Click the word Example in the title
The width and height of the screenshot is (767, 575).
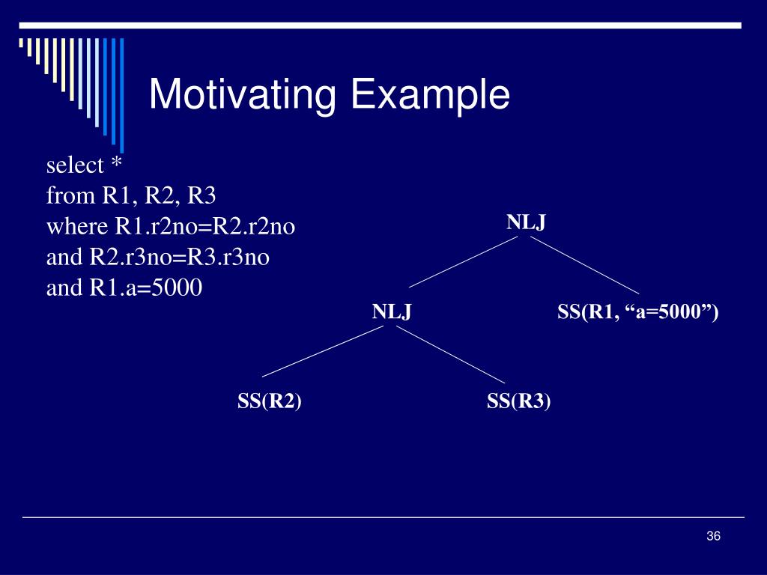[x=430, y=96]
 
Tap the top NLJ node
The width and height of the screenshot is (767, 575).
[x=526, y=222]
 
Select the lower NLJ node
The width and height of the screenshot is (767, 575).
[x=392, y=311]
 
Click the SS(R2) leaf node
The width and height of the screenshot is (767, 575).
[x=270, y=402]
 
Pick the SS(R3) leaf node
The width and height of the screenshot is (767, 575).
[x=518, y=402]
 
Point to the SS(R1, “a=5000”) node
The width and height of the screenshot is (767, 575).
[x=637, y=311]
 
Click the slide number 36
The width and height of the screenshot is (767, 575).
[x=712, y=536]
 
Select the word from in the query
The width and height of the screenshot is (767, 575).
[x=63, y=197]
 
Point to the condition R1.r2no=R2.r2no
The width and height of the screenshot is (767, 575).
[x=204, y=227]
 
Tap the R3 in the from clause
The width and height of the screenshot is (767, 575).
[x=202, y=197]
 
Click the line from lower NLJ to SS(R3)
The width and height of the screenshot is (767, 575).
[x=451, y=355]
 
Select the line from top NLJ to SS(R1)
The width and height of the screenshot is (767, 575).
[x=584, y=265]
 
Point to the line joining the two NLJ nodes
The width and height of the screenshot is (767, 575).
[x=463, y=263]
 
